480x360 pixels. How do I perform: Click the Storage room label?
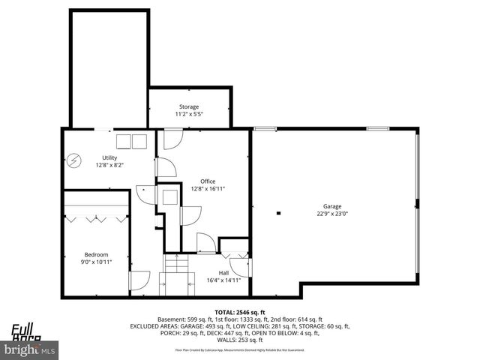[x=189, y=107]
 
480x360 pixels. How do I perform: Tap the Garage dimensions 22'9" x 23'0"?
[x=331, y=213]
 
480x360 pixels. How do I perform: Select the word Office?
[x=207, y=181]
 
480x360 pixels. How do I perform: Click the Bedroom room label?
[x=96, y=253]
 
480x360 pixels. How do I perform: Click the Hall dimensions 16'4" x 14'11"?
[x=223, y=280]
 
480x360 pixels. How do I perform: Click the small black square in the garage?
[x=278, y=213]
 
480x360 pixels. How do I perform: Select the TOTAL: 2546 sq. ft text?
[x=240, y=311]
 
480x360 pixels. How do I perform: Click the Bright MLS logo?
[x=30, y=349]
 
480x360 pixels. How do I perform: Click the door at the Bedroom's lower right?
[x=139, y=281]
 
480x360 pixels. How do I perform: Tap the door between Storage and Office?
[x=172, y=138]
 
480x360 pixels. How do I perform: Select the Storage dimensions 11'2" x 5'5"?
[x=189, y=114]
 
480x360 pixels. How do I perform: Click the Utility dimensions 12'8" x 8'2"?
[x=109, y=164]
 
